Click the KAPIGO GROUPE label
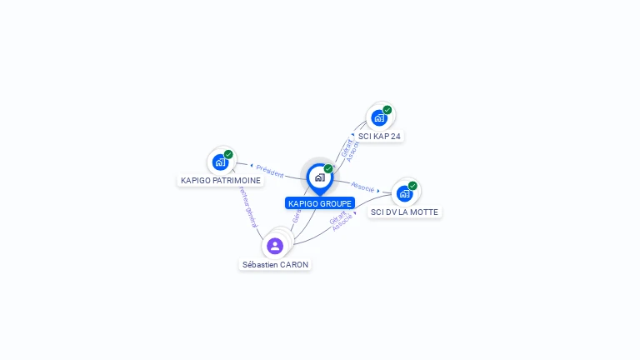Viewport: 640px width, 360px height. click(x=320, y=203)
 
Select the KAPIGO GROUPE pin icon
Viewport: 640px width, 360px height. click(x=319, y=177)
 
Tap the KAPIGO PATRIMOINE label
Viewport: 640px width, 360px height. click(x=221, y=180)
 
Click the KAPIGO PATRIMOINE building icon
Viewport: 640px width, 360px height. click(x=220, y=162)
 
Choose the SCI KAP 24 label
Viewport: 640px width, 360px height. click(x=380, y=136)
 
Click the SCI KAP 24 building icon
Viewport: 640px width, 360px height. click(x=379, y=117)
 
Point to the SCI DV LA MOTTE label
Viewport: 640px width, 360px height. click(x=405, y=212)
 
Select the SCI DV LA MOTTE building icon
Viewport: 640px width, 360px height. click(x=404, y=194)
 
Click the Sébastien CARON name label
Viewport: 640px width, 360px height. click(x=275, y=264)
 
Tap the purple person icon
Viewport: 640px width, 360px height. click(x=275, y=246)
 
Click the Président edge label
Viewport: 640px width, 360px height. click(x=269, y=170)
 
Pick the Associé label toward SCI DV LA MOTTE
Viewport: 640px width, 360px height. click(x=363, y=187)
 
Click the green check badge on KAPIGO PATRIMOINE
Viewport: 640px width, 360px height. click(x=228, y=154)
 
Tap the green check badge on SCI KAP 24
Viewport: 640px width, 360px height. click(x=387, y=109)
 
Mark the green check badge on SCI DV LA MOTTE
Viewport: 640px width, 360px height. click(x=412, y=186)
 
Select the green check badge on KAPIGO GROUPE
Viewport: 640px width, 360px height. click(x=328, y=168)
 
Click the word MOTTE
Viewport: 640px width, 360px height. click(x=425, y=212)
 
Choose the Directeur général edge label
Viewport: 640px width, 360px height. click(x=248, y=207)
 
